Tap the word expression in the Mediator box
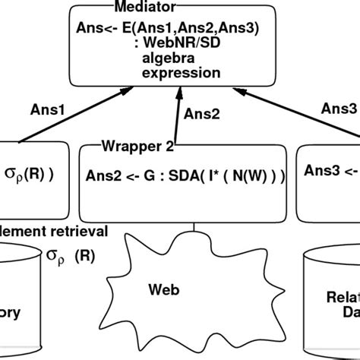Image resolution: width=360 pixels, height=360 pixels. pyautogui.click(x=180, y=74)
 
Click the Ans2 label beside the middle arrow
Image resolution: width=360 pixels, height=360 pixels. pyautogui.click(x=204, y=114)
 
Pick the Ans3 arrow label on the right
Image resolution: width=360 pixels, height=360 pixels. pyautogui.click(x=344, y=109)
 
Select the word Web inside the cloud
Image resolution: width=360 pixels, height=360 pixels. pyautogui.click(x=163, y=290)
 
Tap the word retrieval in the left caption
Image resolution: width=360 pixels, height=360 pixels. pyautogui.click(x=74, y=231)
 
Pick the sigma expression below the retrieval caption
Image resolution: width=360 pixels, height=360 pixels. pyautogui.click(x=70, y=254)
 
